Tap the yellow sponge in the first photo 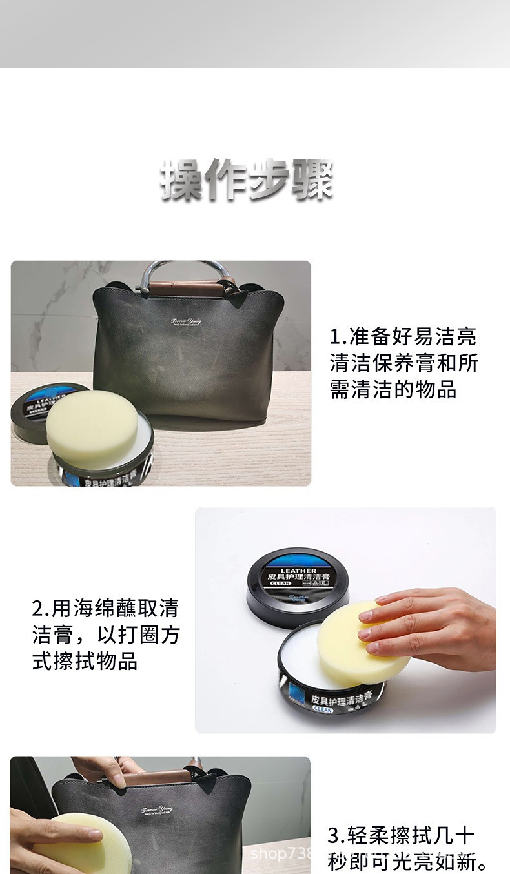click(91, 427)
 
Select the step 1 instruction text click(403, 363)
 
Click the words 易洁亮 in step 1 click(445, 337)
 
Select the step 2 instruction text click(105, 635)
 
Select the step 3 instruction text click(407, 849)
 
